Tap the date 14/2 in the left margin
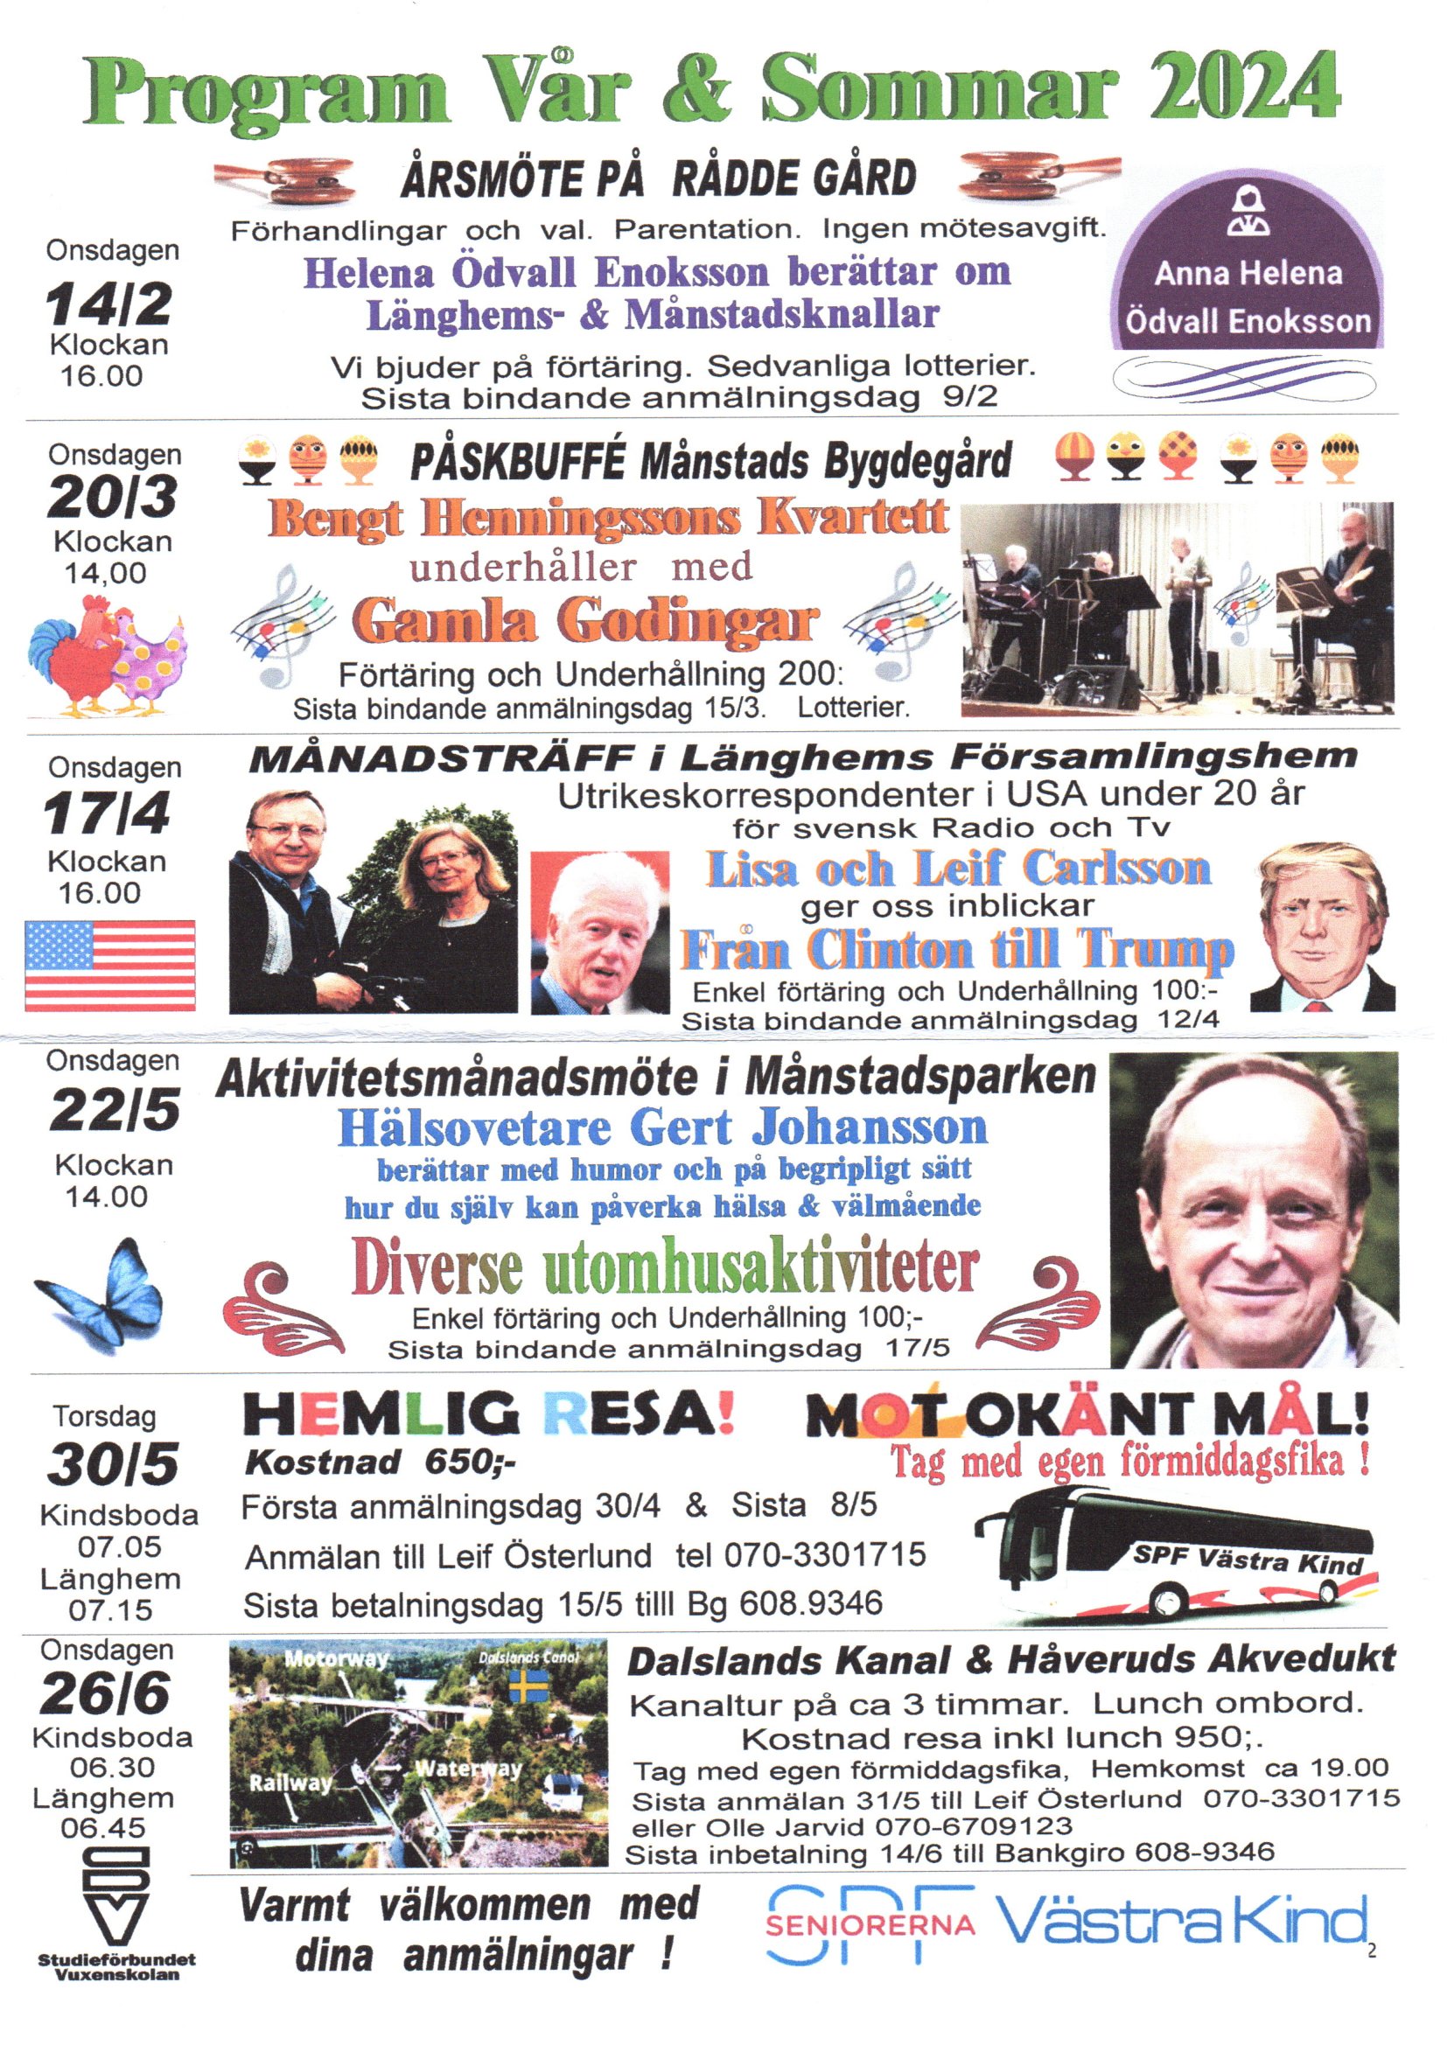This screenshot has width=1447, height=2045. pyautogui.click(x=108, y=304)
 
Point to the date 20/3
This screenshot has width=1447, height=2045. pyautogui.click(x=111, y=497)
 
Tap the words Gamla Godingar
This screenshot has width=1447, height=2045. pyautogui.click(x=584, y=621)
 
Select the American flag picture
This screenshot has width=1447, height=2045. pyautogui.click(x=109, y=966)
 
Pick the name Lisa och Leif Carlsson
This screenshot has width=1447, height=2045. pyautogui.click(x=959, y=869)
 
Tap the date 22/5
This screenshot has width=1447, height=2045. pyautogui.click(x=114, y=1111)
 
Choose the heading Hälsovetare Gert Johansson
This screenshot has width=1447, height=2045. pyautogui.click(x=662, y=1128)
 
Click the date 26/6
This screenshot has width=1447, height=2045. pyautogui.click(x=104, y=1693)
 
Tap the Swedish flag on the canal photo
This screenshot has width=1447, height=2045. pyautogui.click(x=528, y=1686)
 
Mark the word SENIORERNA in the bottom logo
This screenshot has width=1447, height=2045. pyautogui.click(x=870, y=1925)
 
